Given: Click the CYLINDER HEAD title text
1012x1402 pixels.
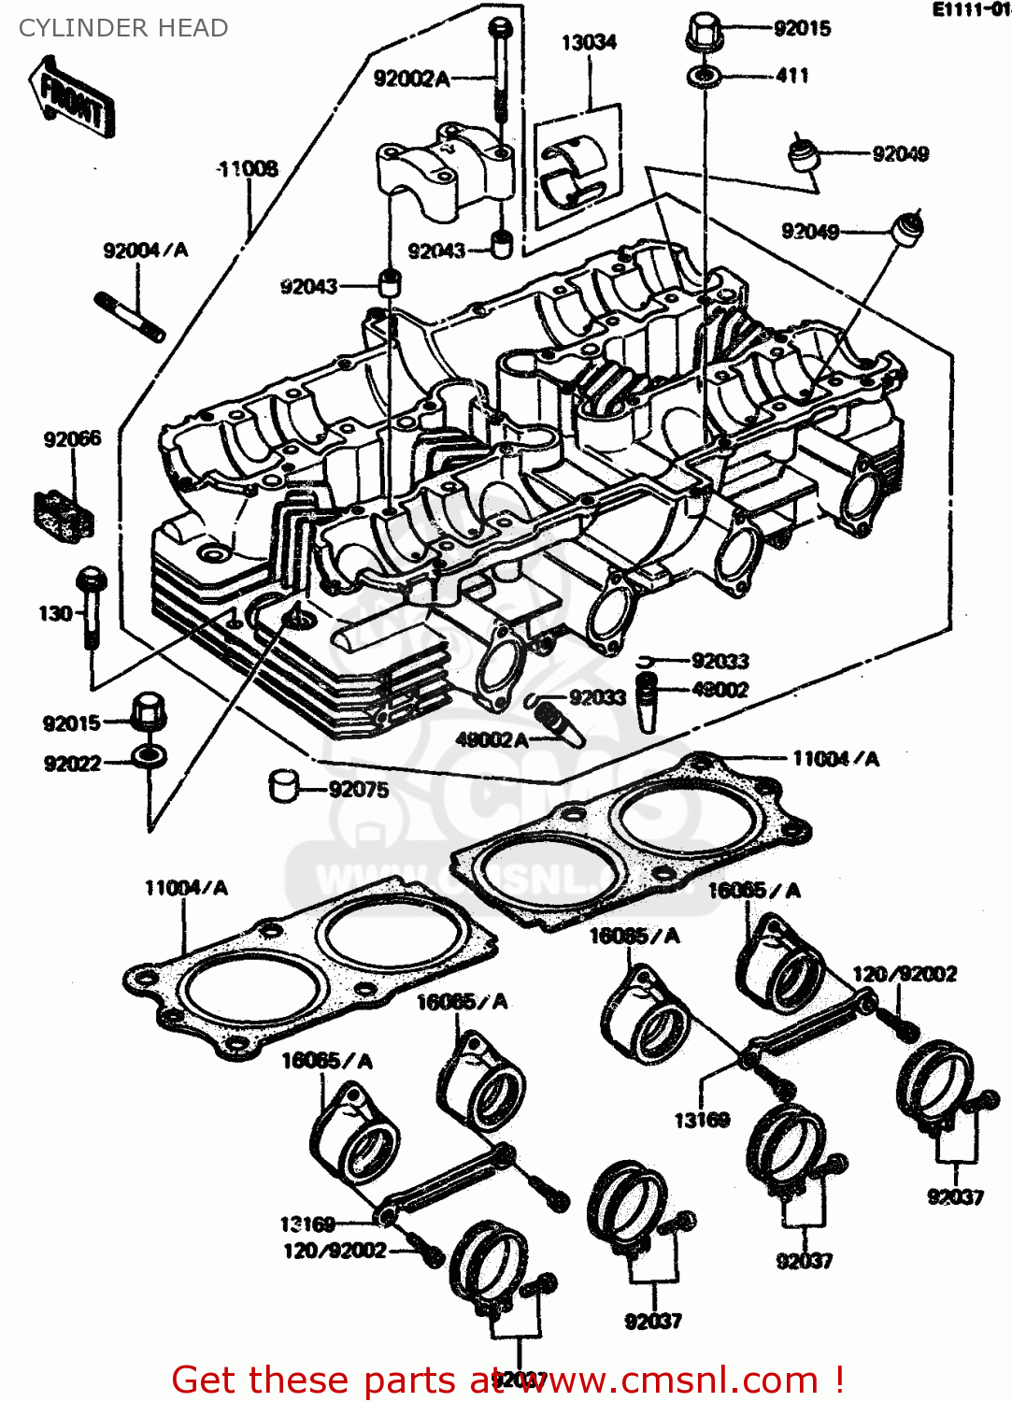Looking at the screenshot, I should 123,28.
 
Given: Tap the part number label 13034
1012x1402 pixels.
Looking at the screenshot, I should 589,42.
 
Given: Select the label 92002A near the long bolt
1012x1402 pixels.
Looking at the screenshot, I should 411,79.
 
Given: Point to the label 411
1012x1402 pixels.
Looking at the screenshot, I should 791,76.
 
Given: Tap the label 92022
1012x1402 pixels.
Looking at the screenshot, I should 72,764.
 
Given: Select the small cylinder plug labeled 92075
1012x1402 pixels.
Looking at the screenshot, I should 283,785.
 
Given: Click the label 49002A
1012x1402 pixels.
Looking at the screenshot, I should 492,739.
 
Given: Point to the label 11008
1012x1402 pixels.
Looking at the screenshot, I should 248,169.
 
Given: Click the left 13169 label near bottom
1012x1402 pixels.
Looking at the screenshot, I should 306,1223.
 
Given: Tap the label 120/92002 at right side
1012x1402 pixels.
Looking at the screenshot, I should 904,974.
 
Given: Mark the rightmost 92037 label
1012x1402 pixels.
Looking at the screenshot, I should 955,1196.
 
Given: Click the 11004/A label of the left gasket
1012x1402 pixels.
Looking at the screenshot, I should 185,887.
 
